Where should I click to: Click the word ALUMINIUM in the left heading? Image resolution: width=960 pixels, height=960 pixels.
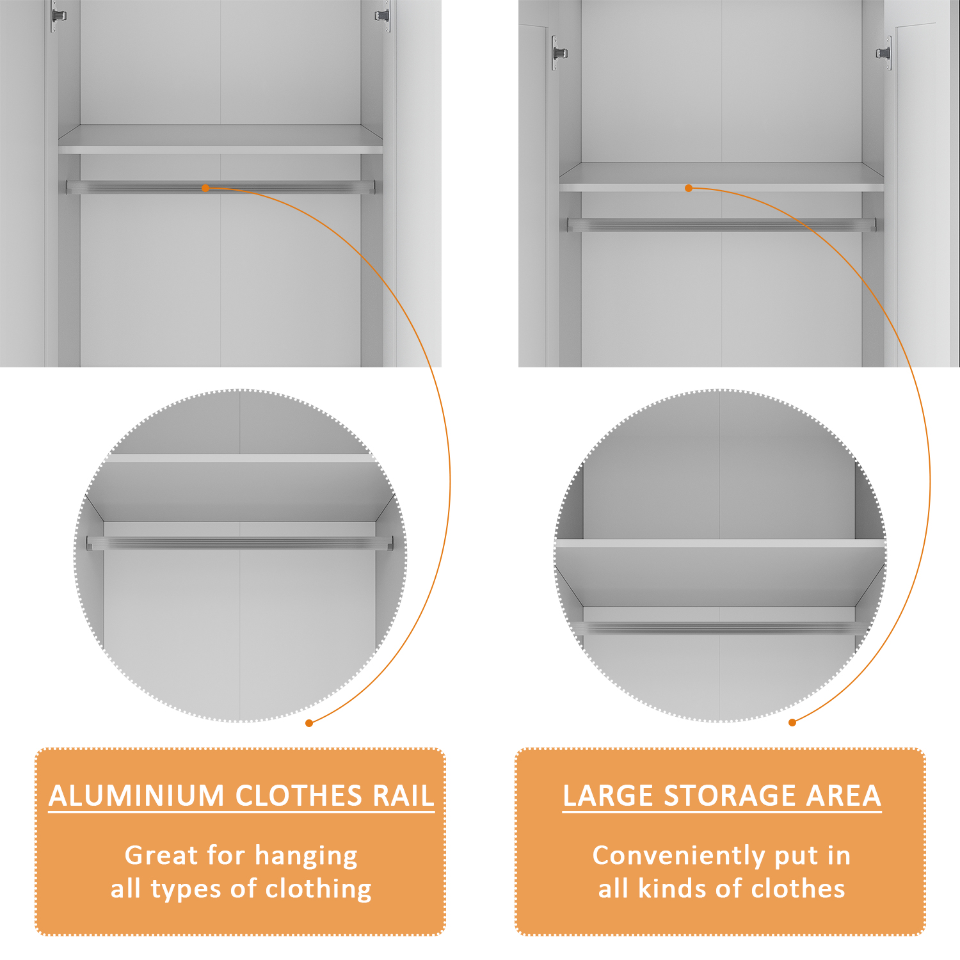coord(136,796)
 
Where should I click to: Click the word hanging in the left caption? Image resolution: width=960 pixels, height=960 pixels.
coord(306,856)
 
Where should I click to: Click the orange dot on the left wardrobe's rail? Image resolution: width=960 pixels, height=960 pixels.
coord(205,188)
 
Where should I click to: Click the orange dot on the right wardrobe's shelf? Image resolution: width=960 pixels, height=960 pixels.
coord(689,188)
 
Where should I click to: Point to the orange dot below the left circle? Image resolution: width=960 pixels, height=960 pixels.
coord(309,723)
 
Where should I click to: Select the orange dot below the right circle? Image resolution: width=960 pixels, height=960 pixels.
coord(792,723)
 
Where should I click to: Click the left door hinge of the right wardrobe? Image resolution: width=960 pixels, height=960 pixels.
coord(559,53)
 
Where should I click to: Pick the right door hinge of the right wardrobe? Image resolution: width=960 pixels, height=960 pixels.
coord(884,53)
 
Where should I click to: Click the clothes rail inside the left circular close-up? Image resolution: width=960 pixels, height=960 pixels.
coord(240,543)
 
